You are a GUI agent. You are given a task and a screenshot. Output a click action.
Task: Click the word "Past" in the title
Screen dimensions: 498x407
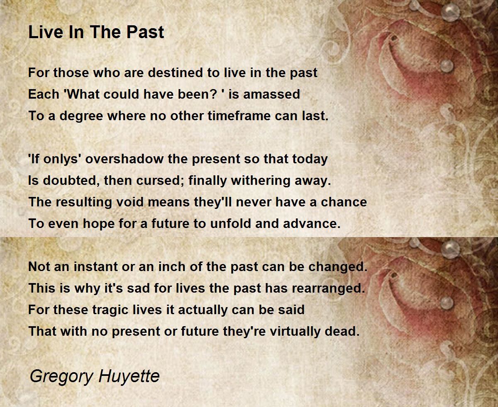point(145,32)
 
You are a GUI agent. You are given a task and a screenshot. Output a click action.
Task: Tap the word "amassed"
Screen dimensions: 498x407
point(271,94)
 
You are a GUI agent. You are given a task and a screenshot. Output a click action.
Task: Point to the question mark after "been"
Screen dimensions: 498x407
point(213,94)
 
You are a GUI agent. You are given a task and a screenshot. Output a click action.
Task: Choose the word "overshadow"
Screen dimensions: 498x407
point(124,159)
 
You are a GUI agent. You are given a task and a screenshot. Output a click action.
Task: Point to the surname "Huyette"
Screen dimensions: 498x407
point(129,376)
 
